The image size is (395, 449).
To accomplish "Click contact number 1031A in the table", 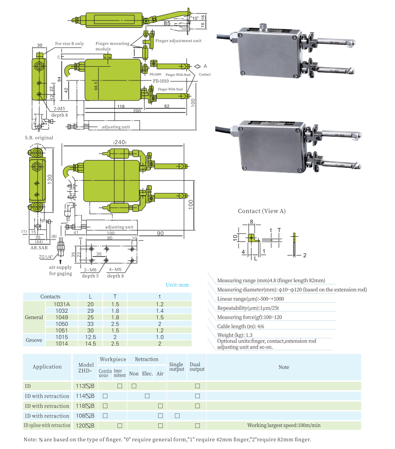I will click(61, 304).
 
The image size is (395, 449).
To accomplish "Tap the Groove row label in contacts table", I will click(34, 340).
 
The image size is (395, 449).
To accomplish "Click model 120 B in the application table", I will click(85, 426).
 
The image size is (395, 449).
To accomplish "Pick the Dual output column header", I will click(197, 366).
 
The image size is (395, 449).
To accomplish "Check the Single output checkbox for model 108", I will click(177, 416).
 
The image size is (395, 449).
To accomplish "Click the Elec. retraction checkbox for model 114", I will click(147, 396).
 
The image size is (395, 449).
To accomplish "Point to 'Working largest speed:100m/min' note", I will click(284, 426).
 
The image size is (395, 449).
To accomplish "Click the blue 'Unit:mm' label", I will click(177, 285).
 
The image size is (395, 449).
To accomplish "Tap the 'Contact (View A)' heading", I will click(262, 211).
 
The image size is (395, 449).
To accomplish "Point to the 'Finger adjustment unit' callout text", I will click(178, 41).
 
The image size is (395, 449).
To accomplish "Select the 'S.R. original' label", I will click(39, 138).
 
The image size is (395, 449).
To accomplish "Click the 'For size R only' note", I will click(69, 44).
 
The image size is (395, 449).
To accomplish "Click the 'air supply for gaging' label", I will click(61, 270).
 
